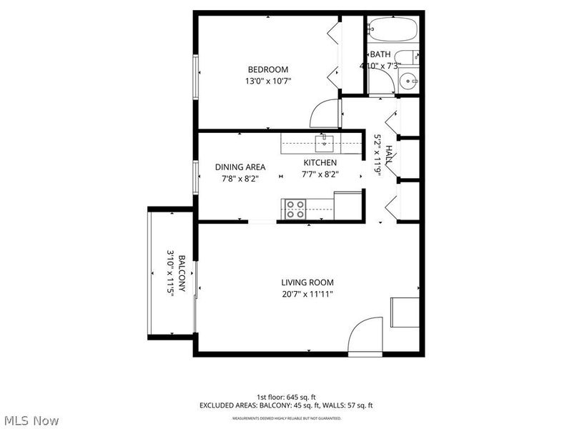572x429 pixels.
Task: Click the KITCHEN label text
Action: tap(320, 163)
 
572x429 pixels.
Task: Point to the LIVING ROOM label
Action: tap(307, 282)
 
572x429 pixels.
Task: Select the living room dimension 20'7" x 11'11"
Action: tap(307, 294)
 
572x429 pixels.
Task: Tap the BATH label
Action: tap(380, 54)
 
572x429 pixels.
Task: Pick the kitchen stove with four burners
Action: tap(294, 209)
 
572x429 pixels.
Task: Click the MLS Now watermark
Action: tap(31, 420)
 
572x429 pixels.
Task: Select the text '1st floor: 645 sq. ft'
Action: tap(286, 397)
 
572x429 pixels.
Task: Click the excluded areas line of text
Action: tap(286, 405)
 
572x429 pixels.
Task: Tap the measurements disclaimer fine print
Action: tap(286, 418)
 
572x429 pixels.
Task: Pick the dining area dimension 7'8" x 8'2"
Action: tap(235, 178)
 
